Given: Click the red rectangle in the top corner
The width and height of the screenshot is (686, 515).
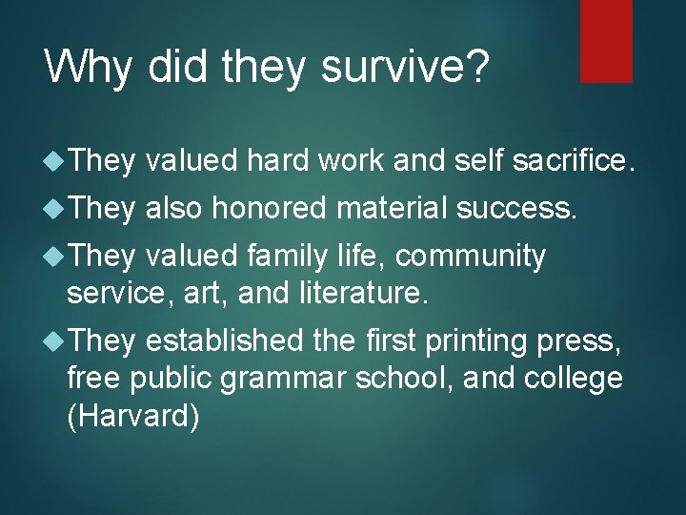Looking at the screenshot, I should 606,40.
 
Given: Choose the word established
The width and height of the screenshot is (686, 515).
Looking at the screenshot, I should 226,340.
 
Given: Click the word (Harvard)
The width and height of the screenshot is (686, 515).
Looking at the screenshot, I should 133,417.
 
